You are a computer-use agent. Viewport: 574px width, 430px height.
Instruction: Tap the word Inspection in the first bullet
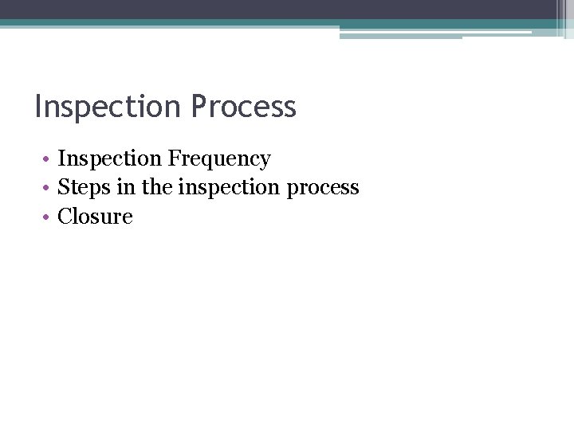[110, 159]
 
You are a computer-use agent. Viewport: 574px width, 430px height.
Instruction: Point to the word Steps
[84, 188]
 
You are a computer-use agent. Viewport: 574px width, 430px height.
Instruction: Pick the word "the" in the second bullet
[158, 188]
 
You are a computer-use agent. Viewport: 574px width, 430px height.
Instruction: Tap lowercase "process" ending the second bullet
[323, 188]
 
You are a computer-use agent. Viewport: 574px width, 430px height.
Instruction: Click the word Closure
[95, 217]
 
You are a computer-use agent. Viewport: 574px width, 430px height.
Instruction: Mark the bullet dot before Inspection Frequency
[48, 160]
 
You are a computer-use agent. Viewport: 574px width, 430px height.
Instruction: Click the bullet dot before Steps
[48, 189]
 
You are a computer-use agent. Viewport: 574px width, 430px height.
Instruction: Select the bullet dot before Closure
[48, 217]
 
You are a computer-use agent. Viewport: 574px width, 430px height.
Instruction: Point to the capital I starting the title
[38, 107]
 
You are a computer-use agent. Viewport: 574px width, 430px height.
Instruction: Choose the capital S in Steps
[64, 188]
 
